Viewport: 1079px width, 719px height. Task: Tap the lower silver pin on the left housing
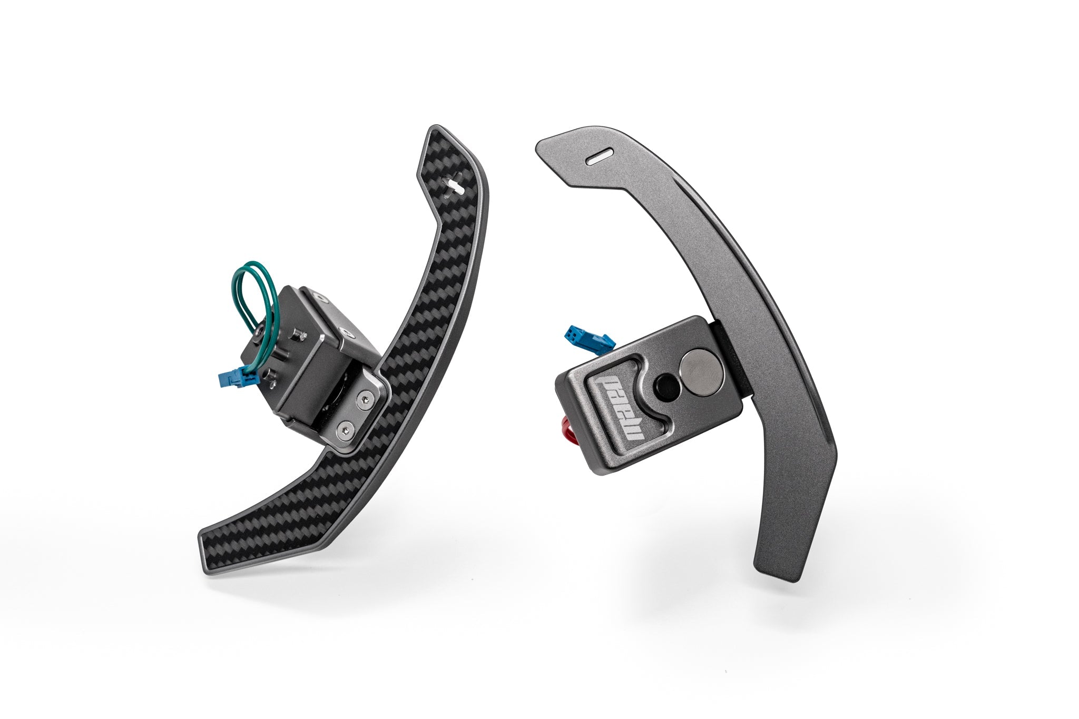pyautogui.click(x=273, y=376)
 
